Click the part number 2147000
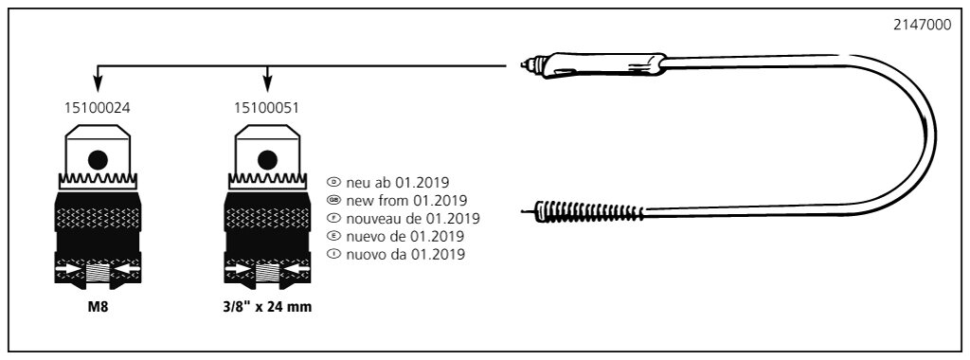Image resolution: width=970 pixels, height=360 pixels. pyautogui.click(x=923, y=26)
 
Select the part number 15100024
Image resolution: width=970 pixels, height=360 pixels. pyautogui.click(x=98, y=108)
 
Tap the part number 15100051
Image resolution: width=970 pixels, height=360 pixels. pyautogui.click(x=266, y=108)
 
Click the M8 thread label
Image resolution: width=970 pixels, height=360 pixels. pyautogui.click(x=98, y=306)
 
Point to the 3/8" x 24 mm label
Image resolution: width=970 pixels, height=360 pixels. pyautogui.click(x=267, y=306)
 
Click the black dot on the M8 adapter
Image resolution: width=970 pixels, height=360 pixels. pyautogui.click(x=98, y=160)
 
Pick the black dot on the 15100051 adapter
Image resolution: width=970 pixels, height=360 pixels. pyautogui.click(x=267, y=160)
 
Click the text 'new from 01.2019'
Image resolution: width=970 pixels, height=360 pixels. pyautogui.click(x=406, y=201)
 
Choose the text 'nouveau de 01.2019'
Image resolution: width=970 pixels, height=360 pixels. pyautogui.click(x=413, y=218)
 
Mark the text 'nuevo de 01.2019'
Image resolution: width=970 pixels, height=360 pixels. pyautogui.click(x=405, y=236)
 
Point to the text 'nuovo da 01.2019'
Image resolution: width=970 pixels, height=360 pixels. pyautogui.click(x=405, y=254)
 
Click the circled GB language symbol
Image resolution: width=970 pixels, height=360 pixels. pyautogui.click(x=334, y=201)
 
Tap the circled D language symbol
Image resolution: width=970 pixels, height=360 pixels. pyautogui.click(x=334, y=183)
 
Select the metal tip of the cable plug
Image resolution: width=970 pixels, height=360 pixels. pyautogui.click(x=527, y=63)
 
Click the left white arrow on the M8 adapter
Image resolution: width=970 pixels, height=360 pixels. pyautogui.click(x=70, y=270)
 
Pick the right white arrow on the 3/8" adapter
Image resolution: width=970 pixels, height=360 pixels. pyautogui.click(x=296, y=270)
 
